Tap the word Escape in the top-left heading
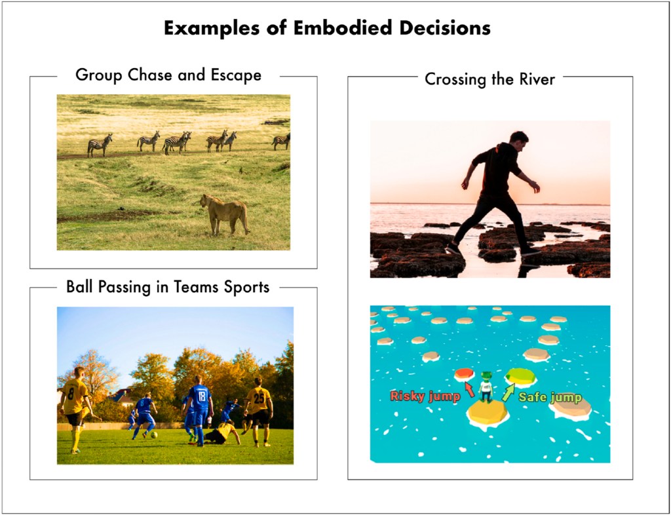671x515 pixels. coord(236,75)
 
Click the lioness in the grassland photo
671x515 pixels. coord(225,214)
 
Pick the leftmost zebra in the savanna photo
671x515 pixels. coord(100,145)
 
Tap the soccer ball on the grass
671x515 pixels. coord(153,434)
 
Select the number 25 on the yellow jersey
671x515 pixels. coord(259,398)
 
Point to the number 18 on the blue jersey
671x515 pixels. coord(202,394)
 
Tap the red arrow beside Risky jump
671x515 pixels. coord(470,389)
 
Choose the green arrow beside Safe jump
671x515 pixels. coord(508,393)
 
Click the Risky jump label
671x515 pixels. coord(425,396)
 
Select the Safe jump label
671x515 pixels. coord(550,398)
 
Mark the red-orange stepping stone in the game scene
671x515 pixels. coord(465,374)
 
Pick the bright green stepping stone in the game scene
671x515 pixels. coord(520,376)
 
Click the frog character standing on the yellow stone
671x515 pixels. coord(486,387)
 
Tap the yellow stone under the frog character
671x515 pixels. coord(488,414)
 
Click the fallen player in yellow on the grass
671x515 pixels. coord(222,433)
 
